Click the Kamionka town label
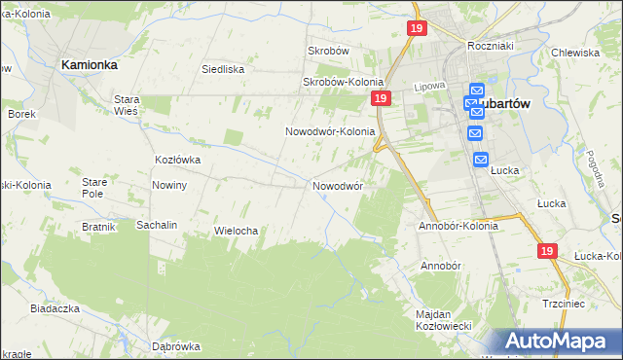pos(90,64)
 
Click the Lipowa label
pos(429,87)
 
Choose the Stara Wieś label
pos(128,105)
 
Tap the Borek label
pos(21,114)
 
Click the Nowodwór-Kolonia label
pos(330,131)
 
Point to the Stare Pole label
pos(93,188)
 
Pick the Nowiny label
pos(169,185)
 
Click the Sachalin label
pos(156,225)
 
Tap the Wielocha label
pos(235,231)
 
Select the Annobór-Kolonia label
pos(458,226)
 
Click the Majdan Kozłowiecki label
pos(444,319)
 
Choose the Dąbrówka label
pos(176,346)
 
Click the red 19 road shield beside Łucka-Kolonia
pos(546,251)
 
